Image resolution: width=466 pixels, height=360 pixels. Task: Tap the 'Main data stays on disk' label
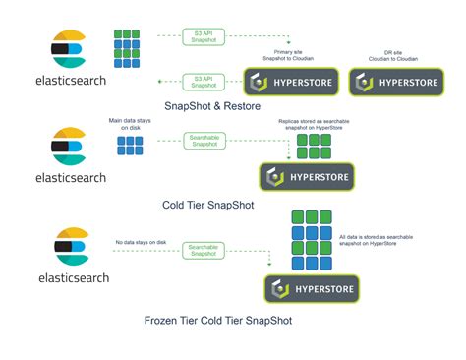(131, 124)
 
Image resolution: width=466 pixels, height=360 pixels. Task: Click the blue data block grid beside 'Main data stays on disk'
(131, 146)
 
